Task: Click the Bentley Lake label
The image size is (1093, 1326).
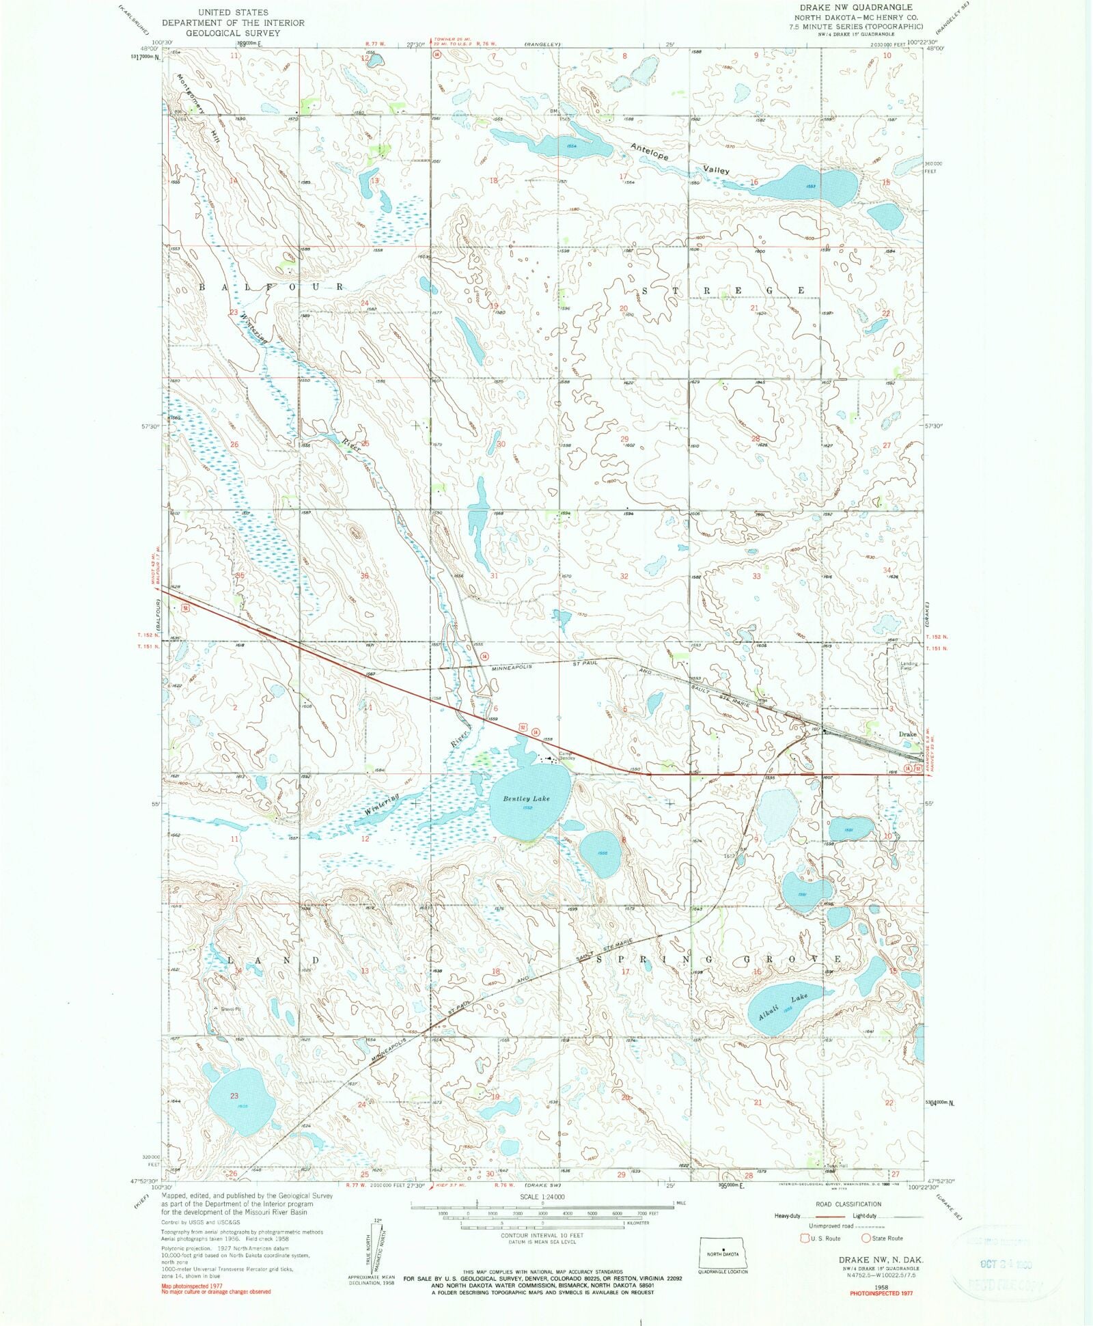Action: coord(526,799)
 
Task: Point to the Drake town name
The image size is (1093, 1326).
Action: coord(907,734)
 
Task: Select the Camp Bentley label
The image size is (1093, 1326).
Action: coord(568,756)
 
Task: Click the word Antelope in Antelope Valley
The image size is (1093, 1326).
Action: coord(649,152)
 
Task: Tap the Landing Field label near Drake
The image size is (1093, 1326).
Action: coord(909,665)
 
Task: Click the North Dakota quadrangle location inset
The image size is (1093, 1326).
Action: coord(723,1252)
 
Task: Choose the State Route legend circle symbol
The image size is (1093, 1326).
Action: coord(866,1238)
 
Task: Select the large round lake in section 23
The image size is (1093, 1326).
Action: coord(240,1111)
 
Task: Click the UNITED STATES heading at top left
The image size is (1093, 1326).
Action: coord(233,12)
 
